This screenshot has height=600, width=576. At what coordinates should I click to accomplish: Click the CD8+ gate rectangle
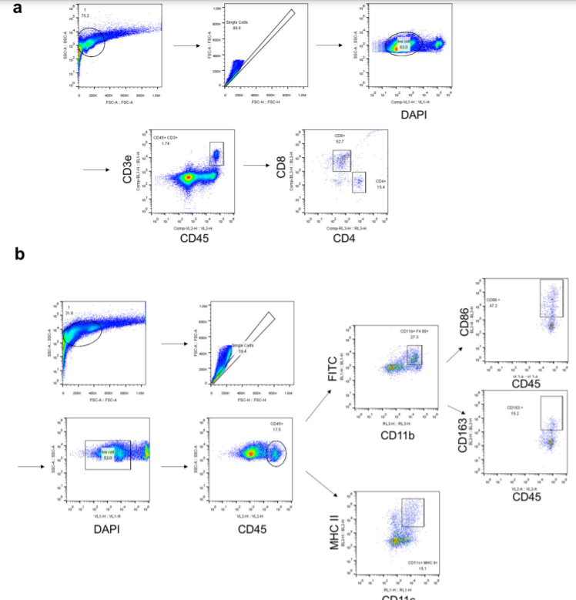point(341,160)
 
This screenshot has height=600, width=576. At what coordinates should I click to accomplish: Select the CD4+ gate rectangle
point(359,183)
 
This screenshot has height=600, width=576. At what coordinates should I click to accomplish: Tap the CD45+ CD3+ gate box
point(216,154)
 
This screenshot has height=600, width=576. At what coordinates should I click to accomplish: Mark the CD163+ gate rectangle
point(551,412)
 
